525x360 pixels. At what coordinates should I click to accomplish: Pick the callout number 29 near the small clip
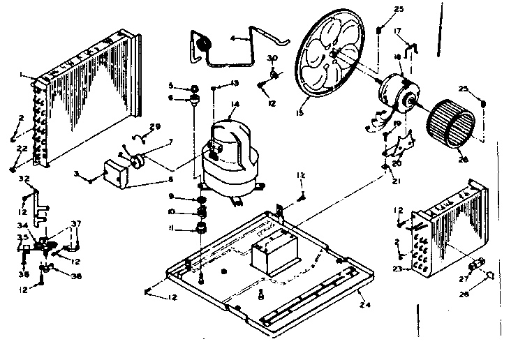click(156, 126)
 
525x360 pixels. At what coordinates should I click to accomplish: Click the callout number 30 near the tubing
click(274, 57)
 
